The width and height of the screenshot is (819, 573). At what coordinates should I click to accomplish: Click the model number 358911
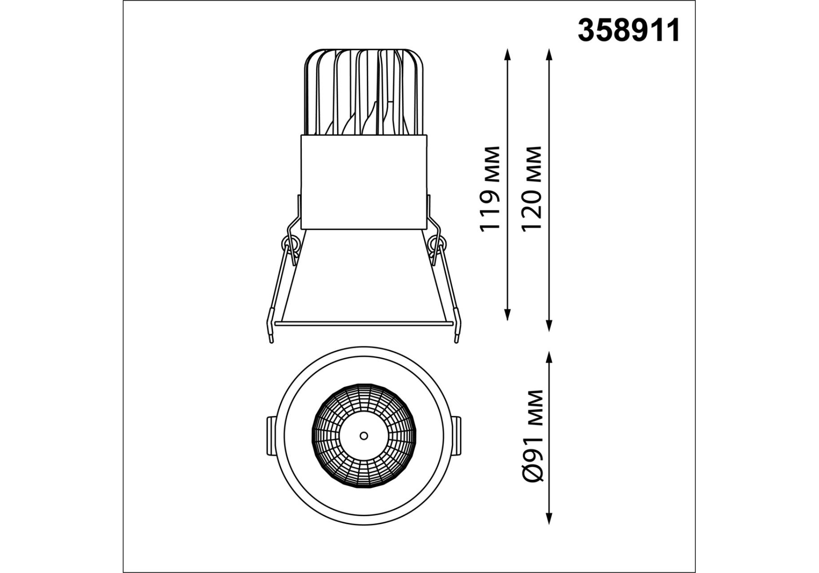(629, 30)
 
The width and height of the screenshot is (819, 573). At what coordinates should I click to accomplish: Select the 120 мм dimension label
(532, 188)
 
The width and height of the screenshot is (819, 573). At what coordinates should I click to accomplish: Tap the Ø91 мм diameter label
(533, 436)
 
